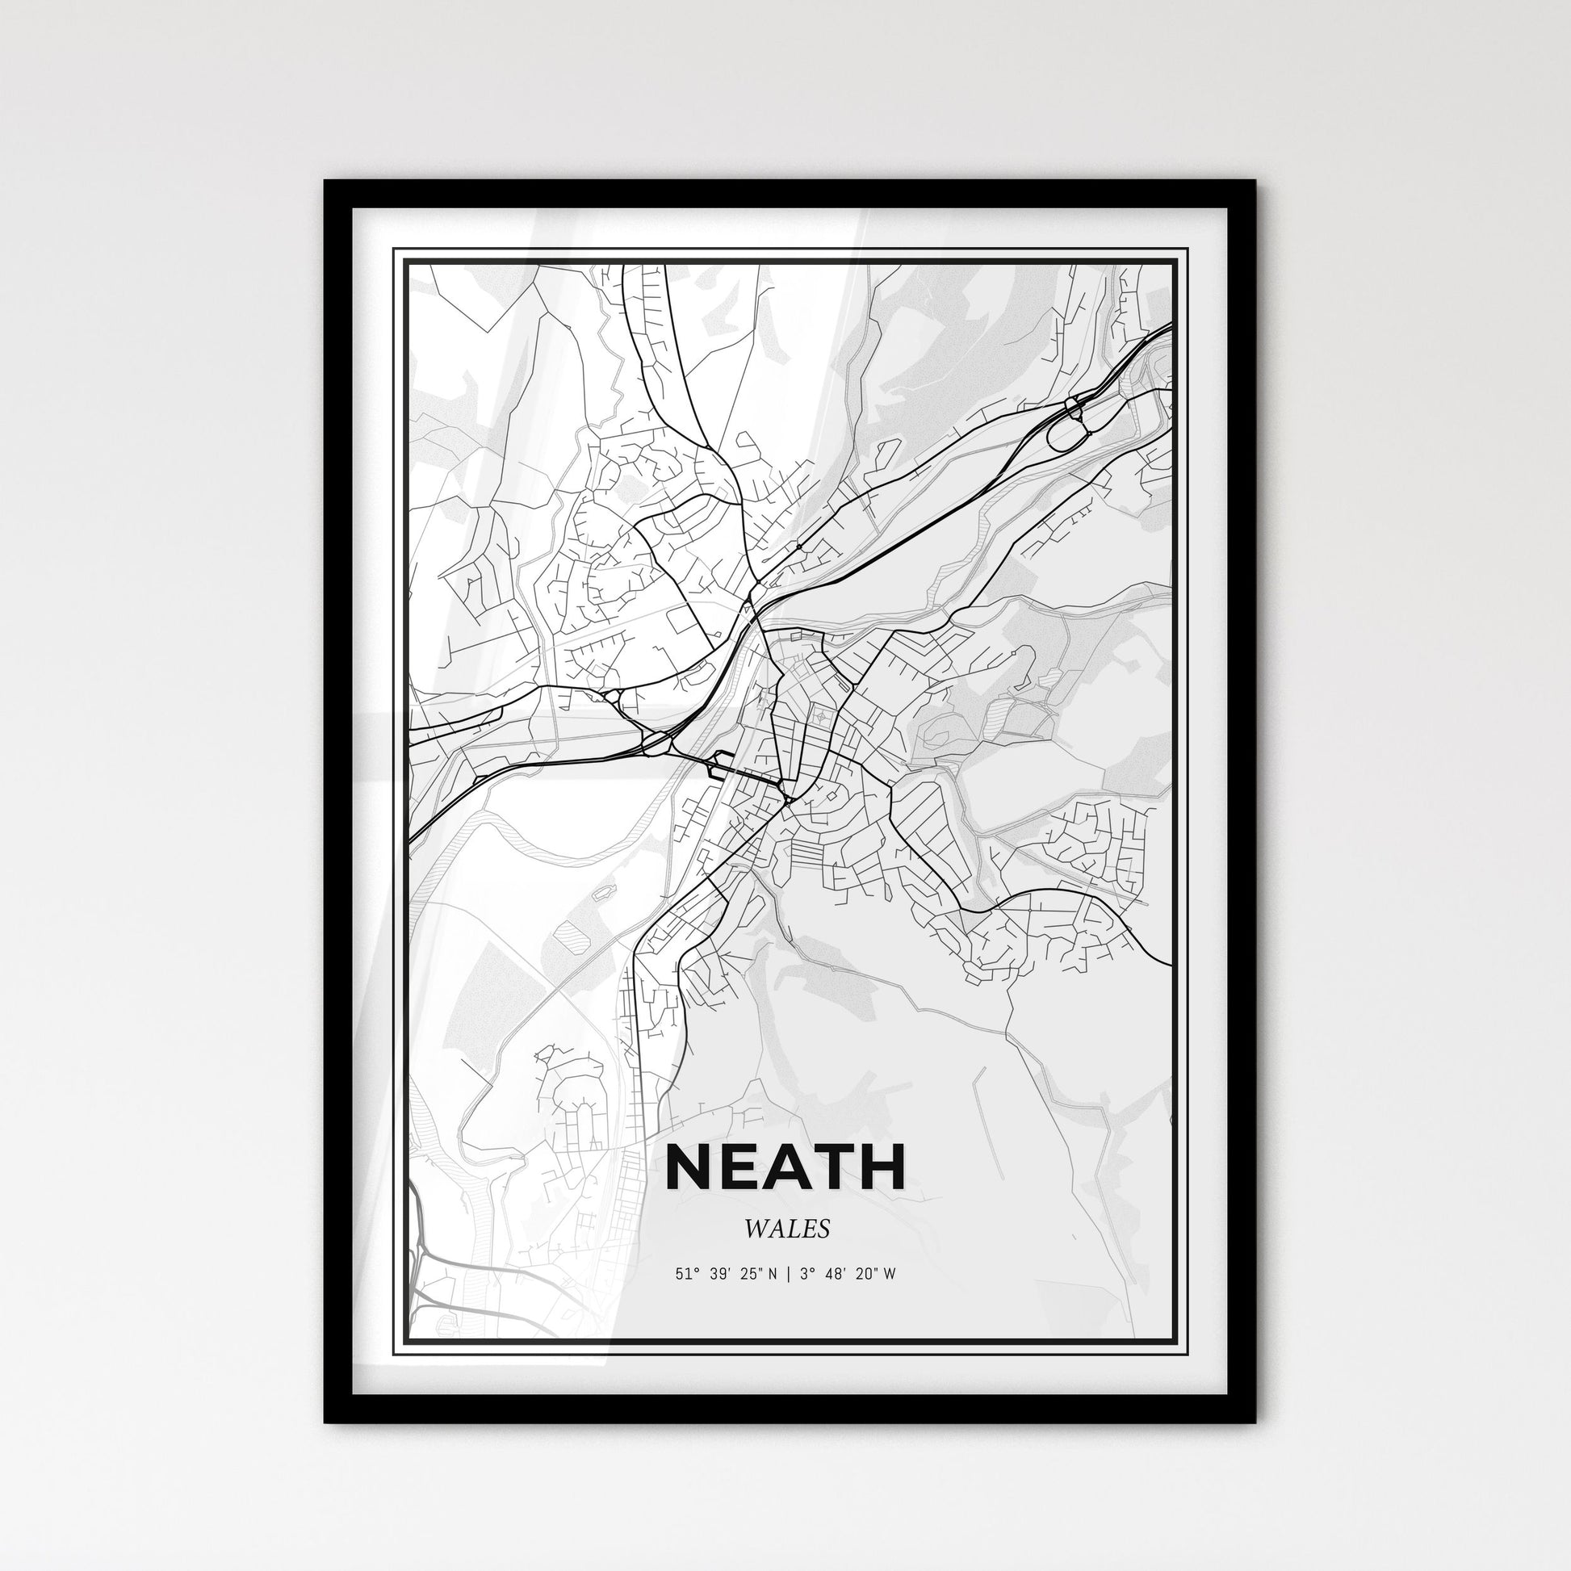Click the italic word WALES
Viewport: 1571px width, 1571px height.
click(786, 1230)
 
